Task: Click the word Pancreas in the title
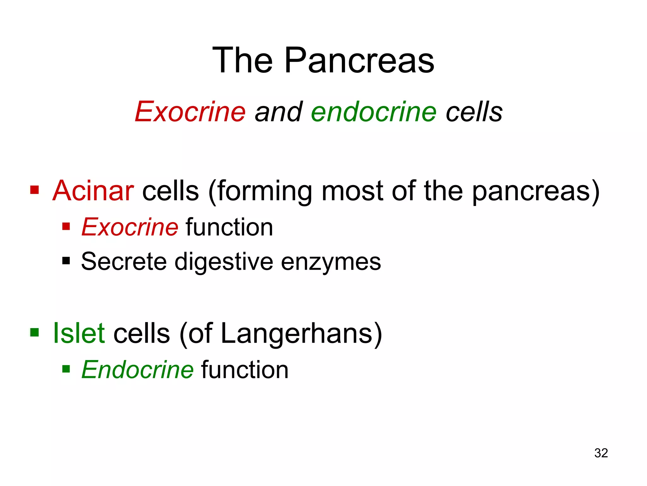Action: pos(359,60)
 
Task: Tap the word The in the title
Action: pos(242,60)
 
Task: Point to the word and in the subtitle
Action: pos(279,112)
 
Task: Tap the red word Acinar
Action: pos(93,191)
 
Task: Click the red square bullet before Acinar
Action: pos(34,190)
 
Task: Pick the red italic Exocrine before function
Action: pos(130,227)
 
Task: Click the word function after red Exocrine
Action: pos(229,227)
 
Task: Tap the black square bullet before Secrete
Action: pos(66,261)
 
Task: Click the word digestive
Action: pos(224,262)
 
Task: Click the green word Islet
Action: pos(79,333)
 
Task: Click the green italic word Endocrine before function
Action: pos(137,370)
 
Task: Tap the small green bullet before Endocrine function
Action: pos(66,369)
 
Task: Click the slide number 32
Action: pos(601,453)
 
